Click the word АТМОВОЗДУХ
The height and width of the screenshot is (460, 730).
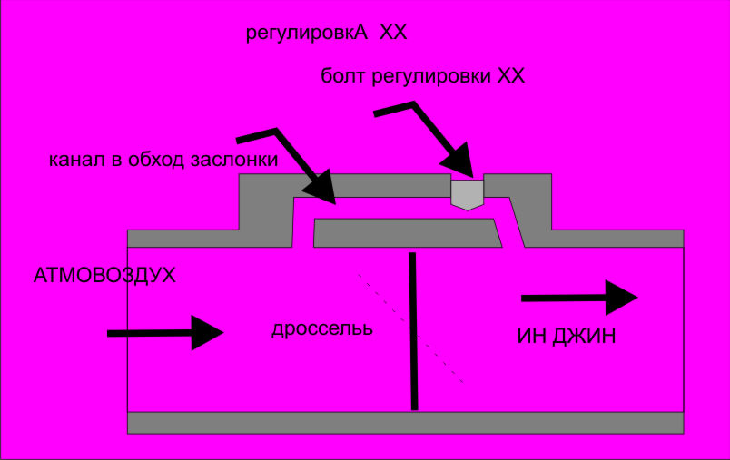click(x=104, y=275)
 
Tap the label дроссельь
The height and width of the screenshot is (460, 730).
click(x=322, y=328)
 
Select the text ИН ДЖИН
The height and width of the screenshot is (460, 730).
click(x=567, y=337)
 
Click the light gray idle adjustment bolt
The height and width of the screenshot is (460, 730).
click(x=468, y=192)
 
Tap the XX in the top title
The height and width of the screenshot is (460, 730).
click(x=393, y=34)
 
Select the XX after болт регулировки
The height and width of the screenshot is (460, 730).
click(x=510, y=77)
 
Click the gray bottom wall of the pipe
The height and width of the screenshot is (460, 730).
click(x=405, y=423)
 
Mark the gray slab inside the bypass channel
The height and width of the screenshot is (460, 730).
click(x=407, y=232)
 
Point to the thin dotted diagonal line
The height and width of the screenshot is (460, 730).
click(x=409, y=327)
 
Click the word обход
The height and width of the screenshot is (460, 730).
click(x=156, y=161)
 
